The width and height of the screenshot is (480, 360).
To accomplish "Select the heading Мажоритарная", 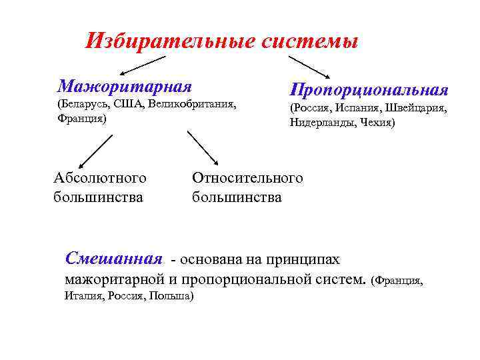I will click(125, 86).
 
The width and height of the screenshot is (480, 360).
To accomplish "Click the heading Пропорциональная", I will click(369, 89).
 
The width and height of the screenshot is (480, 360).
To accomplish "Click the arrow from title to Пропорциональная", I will click(309, 66).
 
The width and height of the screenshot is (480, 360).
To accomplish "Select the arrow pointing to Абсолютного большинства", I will click(96, 151).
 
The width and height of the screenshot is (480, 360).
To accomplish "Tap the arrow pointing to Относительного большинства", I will click(203, 147).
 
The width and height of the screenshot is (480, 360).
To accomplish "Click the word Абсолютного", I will click(100, 178).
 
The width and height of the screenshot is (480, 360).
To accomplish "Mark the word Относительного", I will click(247, 178).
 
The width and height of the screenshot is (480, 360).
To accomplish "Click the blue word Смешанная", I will click(114, 259).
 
